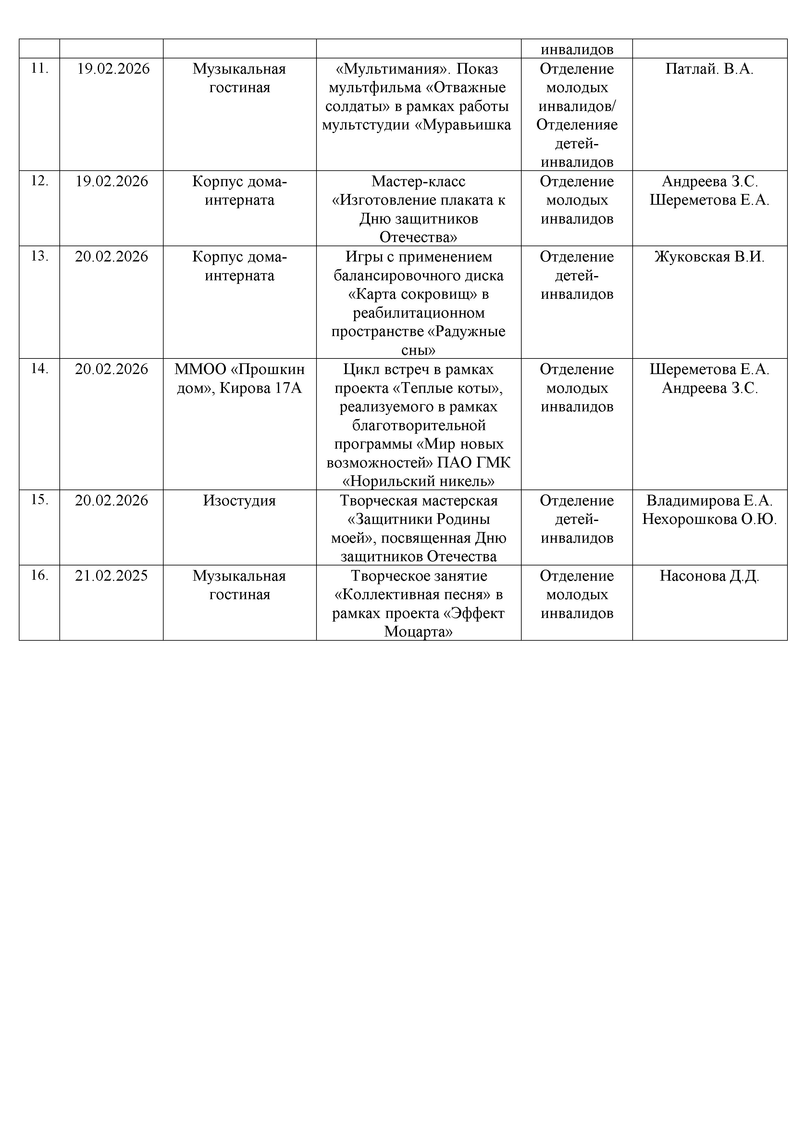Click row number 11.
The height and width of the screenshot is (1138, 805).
coord(40,68)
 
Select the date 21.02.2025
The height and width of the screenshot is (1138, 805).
coord(112,575)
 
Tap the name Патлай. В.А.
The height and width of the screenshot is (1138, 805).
coord(709,69)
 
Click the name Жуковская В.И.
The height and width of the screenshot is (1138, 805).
coord(709,257)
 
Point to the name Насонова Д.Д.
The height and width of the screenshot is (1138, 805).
coord(709,576)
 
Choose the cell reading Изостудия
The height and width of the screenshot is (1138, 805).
coord(239,501)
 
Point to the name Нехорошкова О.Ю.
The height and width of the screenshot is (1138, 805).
coord(709,519)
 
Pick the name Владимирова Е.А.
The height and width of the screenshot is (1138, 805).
coord(709,501)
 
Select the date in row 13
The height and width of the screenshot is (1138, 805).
coord(112,257)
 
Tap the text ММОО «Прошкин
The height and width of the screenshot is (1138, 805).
coord(239,369)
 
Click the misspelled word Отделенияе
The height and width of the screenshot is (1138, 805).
coord(576,125)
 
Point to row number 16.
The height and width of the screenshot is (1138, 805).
coord(40,575)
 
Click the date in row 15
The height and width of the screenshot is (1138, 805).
coord(112,501)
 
